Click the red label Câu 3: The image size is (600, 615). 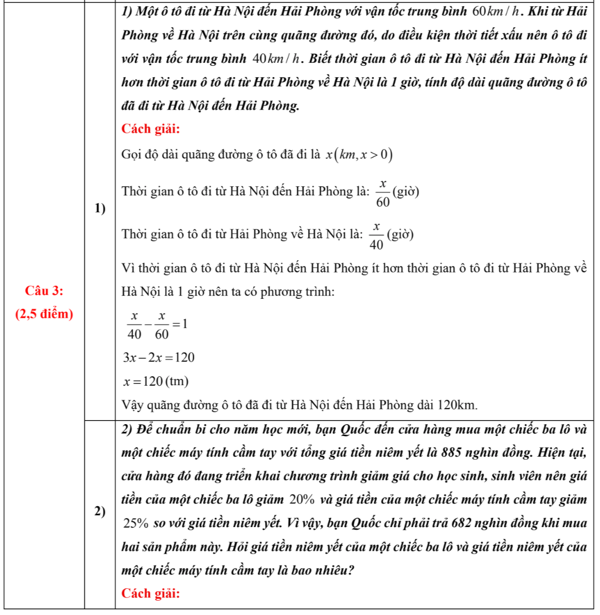point(44,291)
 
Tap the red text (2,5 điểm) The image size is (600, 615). point(44,314)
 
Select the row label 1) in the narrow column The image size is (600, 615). point(100,208)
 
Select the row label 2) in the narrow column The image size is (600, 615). point(100,511)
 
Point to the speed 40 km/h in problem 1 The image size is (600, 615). point(276,59)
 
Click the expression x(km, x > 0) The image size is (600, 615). point(359,155)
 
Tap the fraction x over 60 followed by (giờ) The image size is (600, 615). point(397,193)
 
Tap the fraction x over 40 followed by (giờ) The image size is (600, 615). point(391,236)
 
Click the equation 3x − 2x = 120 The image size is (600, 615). point(158,358)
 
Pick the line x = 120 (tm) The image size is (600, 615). point(156,382)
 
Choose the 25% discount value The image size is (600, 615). point(136,524)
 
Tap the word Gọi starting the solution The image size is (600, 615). point(131,155)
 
